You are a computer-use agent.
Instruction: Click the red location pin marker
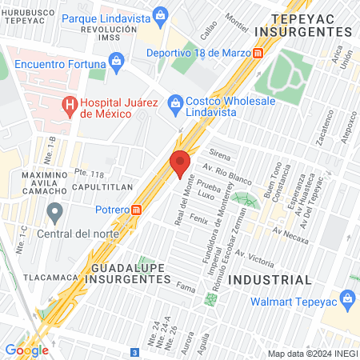tap(181, 163)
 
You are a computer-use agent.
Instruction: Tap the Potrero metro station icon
tap(137, 210)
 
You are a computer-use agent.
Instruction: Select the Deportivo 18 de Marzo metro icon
tap(258, 54)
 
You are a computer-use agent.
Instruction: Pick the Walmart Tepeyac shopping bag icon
tap(346, 301)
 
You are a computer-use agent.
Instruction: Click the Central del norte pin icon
tap(55, 213)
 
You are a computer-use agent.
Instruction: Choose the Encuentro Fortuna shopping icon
tap(117, 61)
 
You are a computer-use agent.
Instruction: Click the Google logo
tap(26, 350)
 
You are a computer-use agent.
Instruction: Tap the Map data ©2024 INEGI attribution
tap(310, 354)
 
